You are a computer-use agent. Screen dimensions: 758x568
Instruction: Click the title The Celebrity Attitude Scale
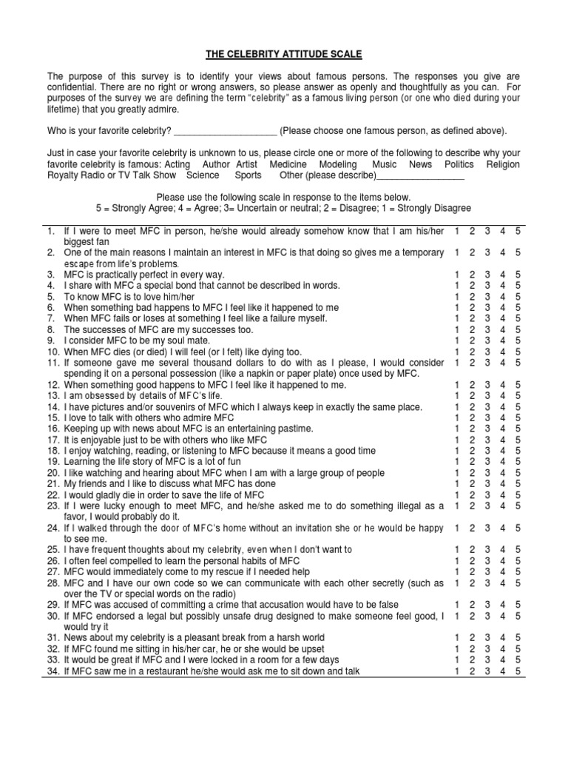(283, 53)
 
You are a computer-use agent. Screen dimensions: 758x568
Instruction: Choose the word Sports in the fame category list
(248, 175)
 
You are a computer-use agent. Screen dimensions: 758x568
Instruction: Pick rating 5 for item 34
(518, 671)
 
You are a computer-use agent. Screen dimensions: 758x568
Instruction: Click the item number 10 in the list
(53, 352)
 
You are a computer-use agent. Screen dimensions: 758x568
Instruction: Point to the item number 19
(53, 462)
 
